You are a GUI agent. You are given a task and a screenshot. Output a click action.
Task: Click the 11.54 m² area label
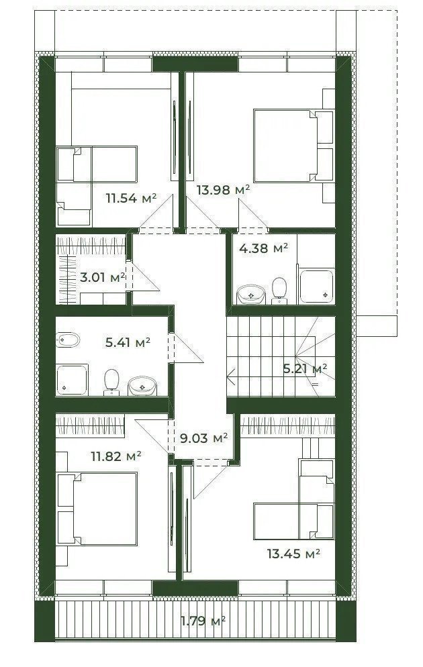pos(132,198)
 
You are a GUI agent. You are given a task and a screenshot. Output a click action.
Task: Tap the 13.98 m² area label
pos(223,190)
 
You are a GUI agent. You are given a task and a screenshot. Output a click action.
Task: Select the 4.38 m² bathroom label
pos(263,248)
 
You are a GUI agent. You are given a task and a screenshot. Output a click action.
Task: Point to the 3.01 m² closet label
pos(103,277)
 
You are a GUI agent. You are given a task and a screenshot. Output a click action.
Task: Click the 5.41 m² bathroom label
pos(128,342)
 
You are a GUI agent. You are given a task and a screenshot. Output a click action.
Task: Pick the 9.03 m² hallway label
pos(204,438)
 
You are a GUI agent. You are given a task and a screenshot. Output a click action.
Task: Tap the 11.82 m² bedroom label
pos(116,456)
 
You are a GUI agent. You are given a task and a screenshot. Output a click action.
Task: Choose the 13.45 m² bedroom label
pos(293,554)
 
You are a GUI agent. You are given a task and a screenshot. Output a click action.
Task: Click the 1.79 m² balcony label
pos(203,621)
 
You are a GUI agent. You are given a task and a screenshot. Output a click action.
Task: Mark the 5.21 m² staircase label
pos(305,368)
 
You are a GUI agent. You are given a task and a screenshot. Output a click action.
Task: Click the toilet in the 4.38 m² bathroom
pos(279,291)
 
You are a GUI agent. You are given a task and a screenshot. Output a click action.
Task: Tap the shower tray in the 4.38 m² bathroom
pos(316,286)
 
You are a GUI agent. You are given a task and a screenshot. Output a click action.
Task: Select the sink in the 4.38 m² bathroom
pos(251,295)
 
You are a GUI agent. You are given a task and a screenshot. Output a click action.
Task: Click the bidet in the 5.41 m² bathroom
pos(68,340)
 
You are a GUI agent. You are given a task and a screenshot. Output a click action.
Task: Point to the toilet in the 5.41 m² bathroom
pos(111,382)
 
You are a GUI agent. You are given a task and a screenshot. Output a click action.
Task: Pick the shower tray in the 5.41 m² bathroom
pos(72,379)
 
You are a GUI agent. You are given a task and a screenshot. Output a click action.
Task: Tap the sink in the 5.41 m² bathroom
pos(142,385)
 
